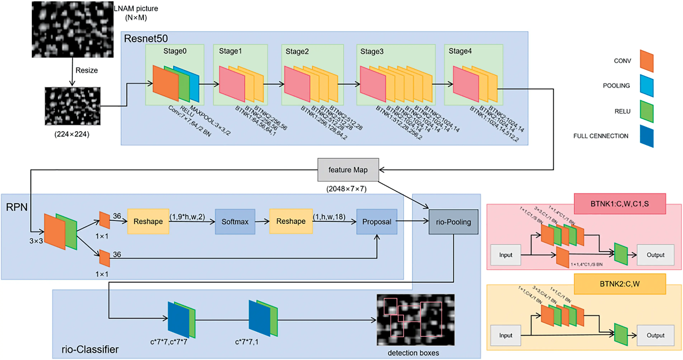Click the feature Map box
pos(348,170)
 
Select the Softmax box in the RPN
pos(235,222)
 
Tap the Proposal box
pos(376,222)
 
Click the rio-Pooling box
pos(453,222)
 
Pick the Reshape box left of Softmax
pos(148,221)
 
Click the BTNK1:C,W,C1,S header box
pos(620,204)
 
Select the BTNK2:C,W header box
pos(620,284)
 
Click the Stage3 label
pos(372,51)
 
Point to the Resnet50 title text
pos(146,39)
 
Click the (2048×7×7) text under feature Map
pos(346,189)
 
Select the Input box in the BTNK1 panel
pos(505,255)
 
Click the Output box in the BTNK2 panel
pos(655,335)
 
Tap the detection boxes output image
pos(416,320)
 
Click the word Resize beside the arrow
pos(86,70)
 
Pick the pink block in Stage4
pos(465,84)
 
